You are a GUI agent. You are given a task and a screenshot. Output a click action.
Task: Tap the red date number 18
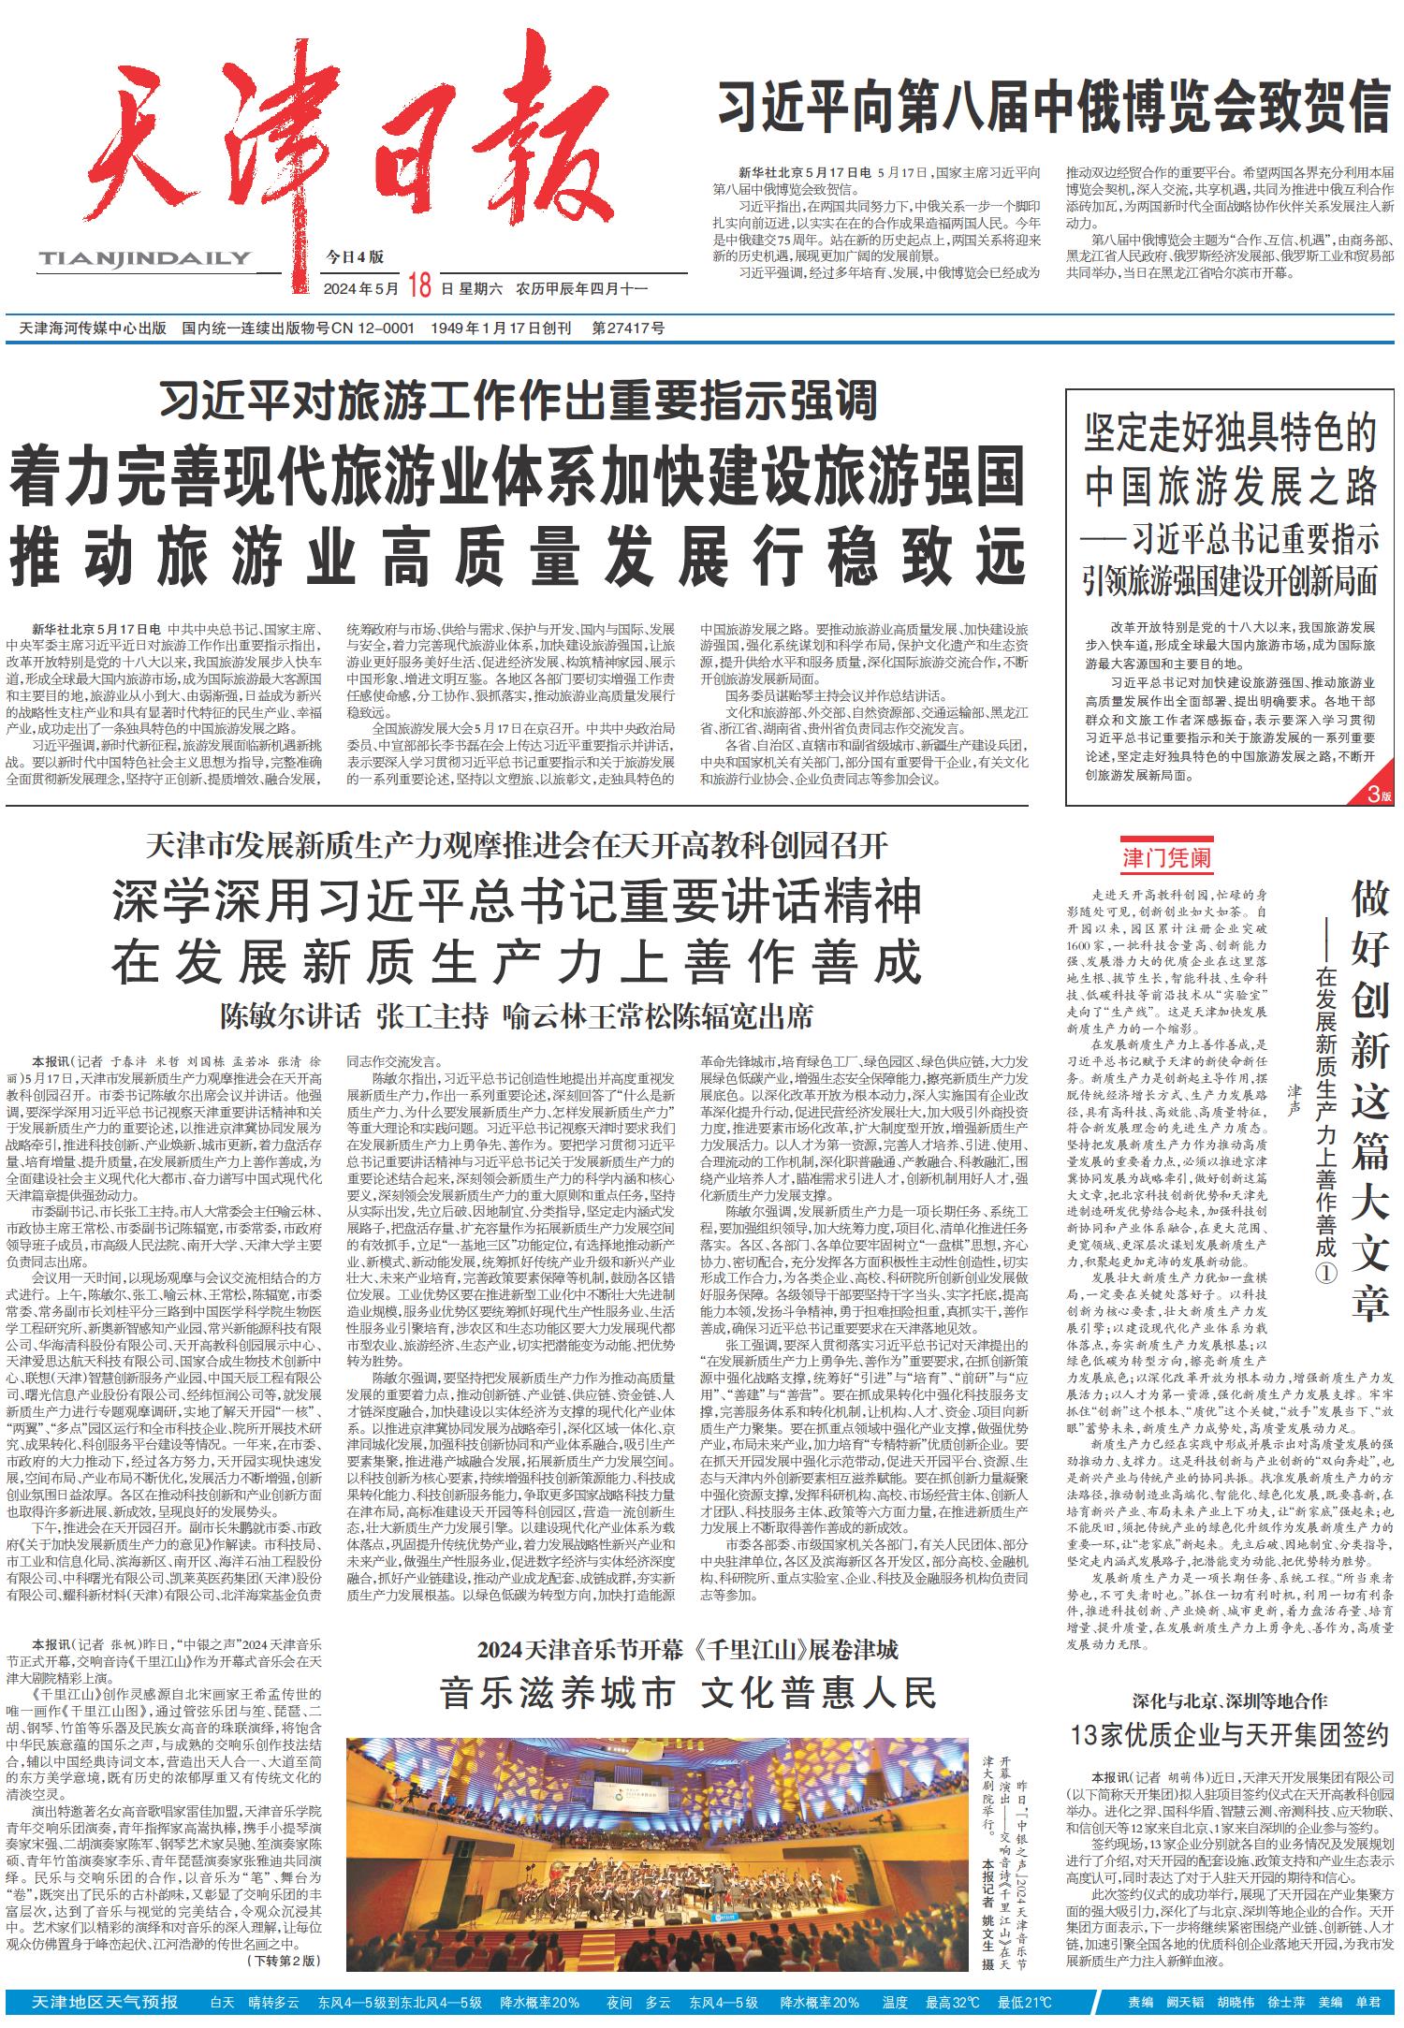point(418,287)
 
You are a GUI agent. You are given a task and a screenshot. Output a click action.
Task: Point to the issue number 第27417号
point(628,328)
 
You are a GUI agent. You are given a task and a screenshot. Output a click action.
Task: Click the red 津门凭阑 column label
point(1167,858)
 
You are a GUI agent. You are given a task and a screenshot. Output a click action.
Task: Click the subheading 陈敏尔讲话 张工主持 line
point(517,1015)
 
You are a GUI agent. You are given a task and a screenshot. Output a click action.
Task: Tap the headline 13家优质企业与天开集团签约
point(1229,1734)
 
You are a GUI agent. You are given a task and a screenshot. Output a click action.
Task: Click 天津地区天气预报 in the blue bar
point(105,2002)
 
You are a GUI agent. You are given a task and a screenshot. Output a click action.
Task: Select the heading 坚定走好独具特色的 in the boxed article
point(1231,435)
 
